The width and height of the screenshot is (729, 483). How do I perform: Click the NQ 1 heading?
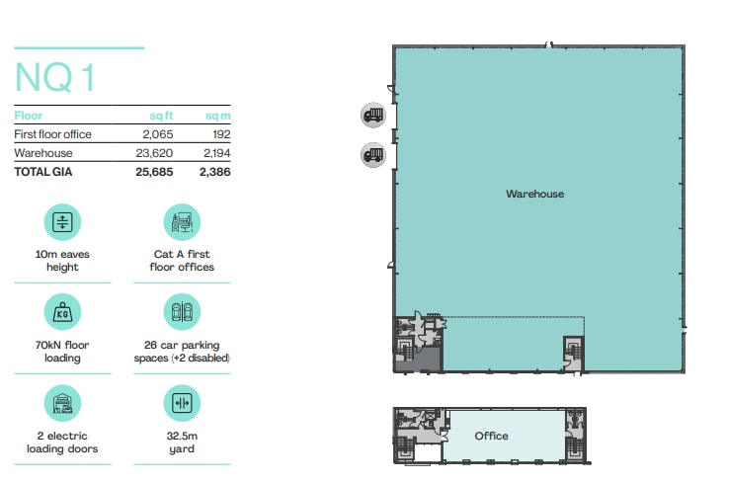pos(56,77)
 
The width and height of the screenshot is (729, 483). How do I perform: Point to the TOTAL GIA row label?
pos(43,171)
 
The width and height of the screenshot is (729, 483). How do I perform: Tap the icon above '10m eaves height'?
pos(62,221)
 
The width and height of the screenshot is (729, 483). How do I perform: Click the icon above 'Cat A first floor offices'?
pos(182,221)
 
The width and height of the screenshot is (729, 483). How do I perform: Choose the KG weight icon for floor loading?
pos(62,312)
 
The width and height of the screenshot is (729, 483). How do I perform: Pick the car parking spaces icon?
pos(182,312)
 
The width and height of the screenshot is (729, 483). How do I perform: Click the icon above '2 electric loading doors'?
pos(62,403)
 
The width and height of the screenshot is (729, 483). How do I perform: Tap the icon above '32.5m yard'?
pos(182,403)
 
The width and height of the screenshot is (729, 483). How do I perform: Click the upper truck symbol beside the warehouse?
pos(372,116)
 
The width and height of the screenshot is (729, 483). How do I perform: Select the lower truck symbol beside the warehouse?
pos(372,153)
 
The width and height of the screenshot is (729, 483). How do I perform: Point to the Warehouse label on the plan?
pos(534,195)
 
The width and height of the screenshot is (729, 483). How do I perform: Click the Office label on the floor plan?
pos(491,436)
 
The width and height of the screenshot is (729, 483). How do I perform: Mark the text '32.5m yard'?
pos(182,442)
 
